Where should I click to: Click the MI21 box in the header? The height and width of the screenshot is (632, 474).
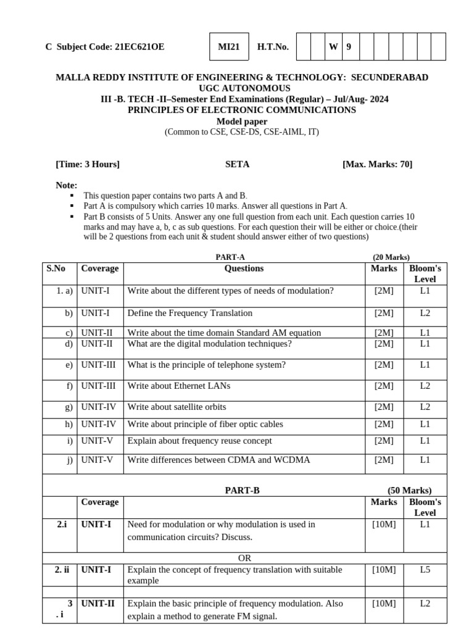tap(230, 47)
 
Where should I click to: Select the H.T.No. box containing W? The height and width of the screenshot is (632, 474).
tap(333, 47)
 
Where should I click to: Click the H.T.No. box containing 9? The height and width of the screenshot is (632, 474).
tap(349, 47)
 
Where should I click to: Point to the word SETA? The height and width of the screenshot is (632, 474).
tap(238, 164)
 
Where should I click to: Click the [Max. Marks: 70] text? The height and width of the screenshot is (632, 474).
tap(377, 164)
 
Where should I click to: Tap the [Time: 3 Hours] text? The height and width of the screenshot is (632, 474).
tap(88, 164)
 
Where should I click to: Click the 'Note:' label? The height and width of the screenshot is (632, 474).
tap(67, 185)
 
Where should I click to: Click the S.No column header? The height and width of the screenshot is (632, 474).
tap(56, 268)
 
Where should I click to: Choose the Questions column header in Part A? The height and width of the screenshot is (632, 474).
tap(244, 268)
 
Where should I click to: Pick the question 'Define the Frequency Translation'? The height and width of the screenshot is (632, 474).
tap(189, 313)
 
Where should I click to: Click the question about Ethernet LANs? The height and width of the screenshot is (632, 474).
tap(178, 386)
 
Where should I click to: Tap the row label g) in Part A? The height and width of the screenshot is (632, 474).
tap(69, 407)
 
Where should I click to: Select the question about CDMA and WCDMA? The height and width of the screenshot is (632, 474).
tap(218, 460)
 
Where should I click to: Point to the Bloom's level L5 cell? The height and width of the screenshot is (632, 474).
tap(425, 570)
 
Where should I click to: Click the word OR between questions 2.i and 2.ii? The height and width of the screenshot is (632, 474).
tap(244, 558)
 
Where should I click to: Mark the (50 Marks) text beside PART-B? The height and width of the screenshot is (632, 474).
tap(409, 491)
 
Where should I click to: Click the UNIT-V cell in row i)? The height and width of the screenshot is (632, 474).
tap(97, 441)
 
